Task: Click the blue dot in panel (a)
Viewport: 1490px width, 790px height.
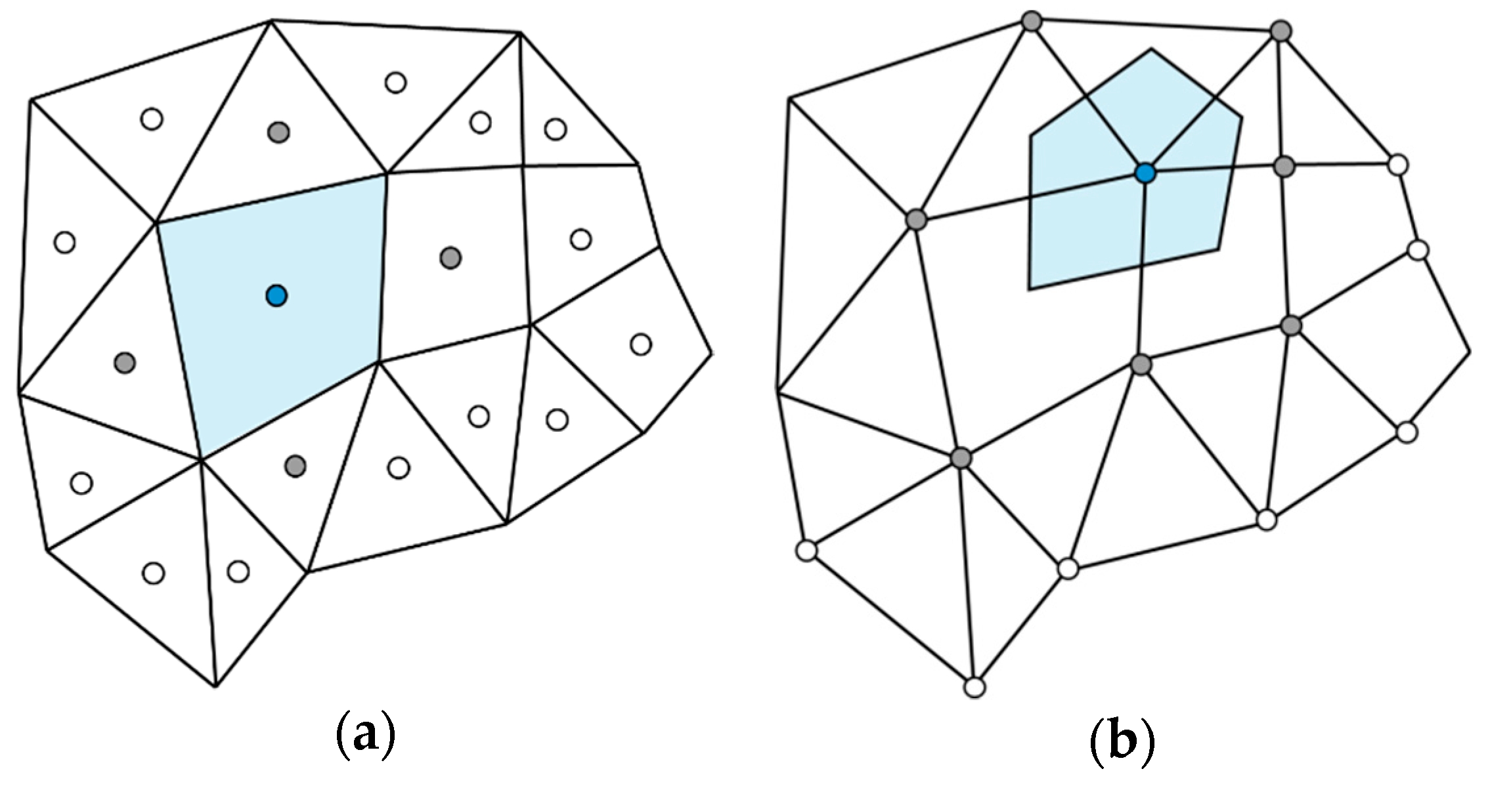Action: tap(276, 295)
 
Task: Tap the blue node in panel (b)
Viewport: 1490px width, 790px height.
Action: tap(1145, 173)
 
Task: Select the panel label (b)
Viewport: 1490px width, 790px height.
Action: tap(1122, 741)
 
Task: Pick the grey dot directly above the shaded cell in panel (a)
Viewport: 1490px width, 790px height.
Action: tap(278, 132)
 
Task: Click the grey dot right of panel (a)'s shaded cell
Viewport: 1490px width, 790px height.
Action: tap(450, 257)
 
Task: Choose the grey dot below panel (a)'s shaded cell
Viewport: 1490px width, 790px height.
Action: tap(296, 466)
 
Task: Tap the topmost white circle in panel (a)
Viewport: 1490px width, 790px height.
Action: tap(395, 83)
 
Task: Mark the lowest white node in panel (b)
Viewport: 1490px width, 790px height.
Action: tap(975, 687)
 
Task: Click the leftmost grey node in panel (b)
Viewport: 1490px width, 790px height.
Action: tap(916, 219)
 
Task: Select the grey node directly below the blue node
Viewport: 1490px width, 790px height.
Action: tap(1142, 364)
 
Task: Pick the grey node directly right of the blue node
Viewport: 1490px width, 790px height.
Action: tap(1284, 167)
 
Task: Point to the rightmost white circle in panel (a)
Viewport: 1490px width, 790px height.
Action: tap(640, 344)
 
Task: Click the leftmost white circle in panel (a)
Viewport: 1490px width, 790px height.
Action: tap(64, 242)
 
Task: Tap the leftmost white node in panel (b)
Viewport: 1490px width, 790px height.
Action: tap(806, 550)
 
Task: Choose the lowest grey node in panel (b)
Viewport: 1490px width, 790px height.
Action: tap(961, 457)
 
